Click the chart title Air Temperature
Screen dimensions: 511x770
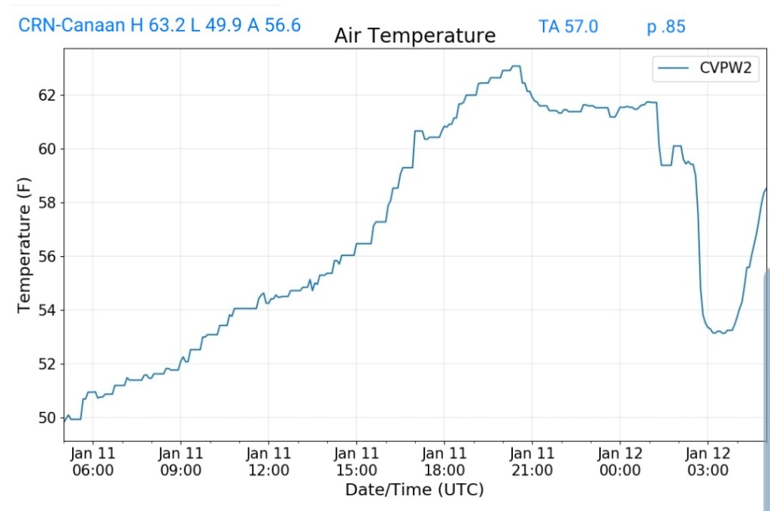pyautogui.click(x=414, y=35)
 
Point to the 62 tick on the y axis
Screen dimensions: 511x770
pyautogui.click(x=47, y=95)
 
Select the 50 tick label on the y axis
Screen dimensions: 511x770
pyautogui.click(x=47, y=418)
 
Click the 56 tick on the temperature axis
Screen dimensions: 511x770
pyautogui.click(x=47, y=256)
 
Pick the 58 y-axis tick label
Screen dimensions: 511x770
pyautogui.click(x=47, y=203)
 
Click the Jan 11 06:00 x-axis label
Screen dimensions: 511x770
pyautogui.click(x=92, y=461)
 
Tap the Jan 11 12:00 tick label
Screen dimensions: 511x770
pyautogui.click(x=268, y=461)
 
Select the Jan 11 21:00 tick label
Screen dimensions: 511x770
pyautogui.click(x=532, y=461)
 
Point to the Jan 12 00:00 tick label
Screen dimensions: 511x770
pyautogui.click(x=620, y=461)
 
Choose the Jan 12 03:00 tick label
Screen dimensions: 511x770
pyautogui.click(x=708, y=461)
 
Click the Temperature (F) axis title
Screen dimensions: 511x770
pyautogui.click(x=25, y=249)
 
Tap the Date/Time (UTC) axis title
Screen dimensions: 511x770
pyautogui.click(x=414, y=490)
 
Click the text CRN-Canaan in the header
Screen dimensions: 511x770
pyautogui.click(x=71, y=26)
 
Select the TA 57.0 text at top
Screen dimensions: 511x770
pyautogui.click(x=568, y=26)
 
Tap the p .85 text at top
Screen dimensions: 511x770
pyautogui.click(x=666, y=26)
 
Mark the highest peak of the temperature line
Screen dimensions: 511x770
pyautogui.click(x=514, y=66)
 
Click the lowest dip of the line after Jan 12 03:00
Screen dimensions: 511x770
pyautogui.click(x=723, y=333)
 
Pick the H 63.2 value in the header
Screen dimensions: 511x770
pyautogui.click(x=158, y=26)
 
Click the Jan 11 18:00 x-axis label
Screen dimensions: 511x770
pyautogui.click(x=444, y=461)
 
